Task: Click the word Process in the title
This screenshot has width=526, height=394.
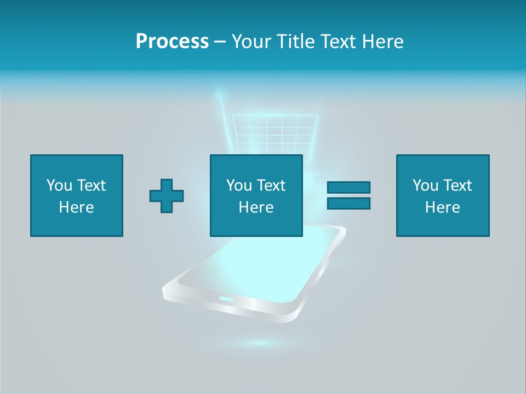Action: pos(172,42)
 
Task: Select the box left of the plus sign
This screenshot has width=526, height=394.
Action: pos(77,195)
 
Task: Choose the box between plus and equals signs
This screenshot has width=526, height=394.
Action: pos(256,195)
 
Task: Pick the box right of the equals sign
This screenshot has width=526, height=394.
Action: pos(443,195)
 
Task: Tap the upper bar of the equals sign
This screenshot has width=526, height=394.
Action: pos(348,187)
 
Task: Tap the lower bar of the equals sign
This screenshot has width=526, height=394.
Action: pos(348,204)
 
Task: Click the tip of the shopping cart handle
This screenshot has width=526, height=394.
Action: pos(219,95)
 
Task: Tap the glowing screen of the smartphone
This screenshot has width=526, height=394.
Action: pos(263,263)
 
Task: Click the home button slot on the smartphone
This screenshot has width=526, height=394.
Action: pos(226,298)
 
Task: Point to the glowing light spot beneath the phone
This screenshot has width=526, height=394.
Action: pos(258,343)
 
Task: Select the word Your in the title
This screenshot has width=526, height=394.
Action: pos(249,42)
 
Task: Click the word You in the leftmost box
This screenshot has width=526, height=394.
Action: pos(59,186)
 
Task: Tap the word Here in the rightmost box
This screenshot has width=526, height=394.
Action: pos(443,207)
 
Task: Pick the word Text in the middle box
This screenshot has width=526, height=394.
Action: pos(271,186)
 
